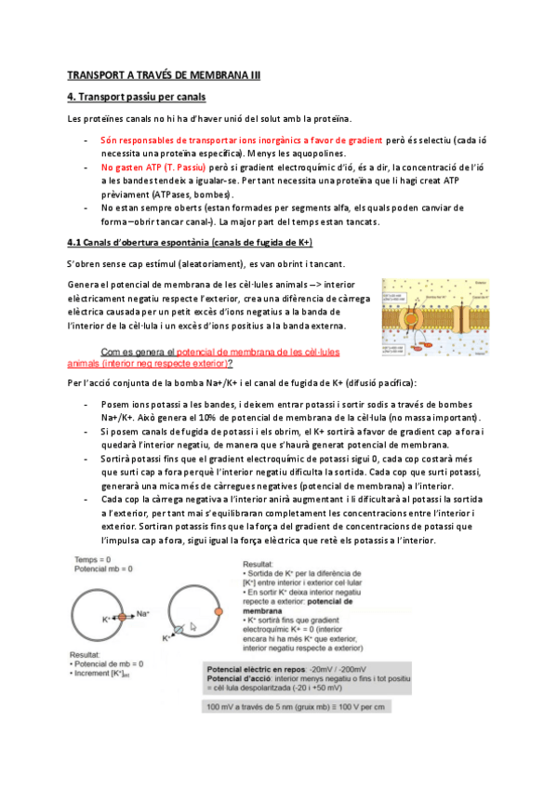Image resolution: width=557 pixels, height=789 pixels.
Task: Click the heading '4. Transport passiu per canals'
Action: point(137,97)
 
